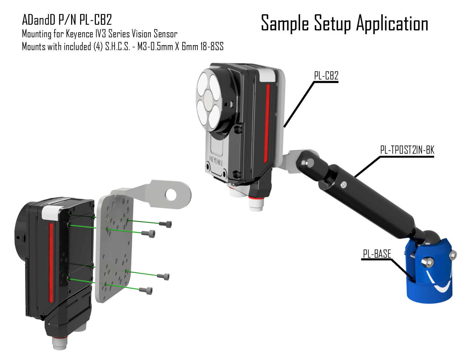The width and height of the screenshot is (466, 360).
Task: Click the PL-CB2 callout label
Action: coord(326,76)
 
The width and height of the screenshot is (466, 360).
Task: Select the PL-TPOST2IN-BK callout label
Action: coord(407,150)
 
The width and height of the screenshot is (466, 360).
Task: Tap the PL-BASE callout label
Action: coord(377,254)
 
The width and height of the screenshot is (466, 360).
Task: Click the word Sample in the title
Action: coord(285,24)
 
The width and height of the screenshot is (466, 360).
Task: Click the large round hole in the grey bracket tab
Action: coord(171,195)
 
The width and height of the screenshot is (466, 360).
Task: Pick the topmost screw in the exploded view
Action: coord(165,224)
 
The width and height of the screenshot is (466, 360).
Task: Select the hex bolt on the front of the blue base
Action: coord(428,262)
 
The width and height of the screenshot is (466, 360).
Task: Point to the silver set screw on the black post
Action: coord(343,185)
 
